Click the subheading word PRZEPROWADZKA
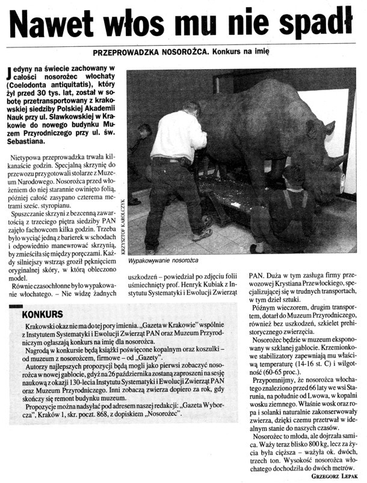(x=144, y=52)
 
